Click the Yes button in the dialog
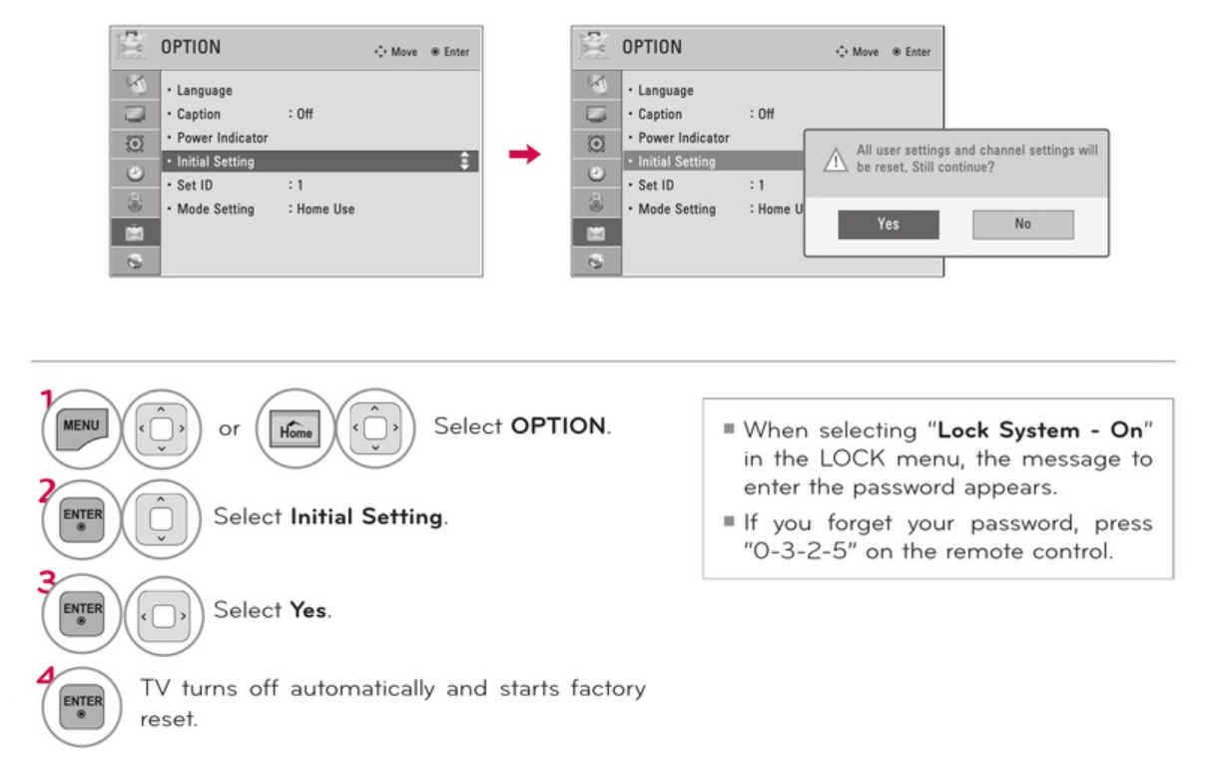889,224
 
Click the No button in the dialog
1023,224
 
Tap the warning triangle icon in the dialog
836,160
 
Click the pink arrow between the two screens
525,154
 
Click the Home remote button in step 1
295,428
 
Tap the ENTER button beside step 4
82,706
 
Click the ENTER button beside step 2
82,519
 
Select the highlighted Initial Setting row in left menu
320,162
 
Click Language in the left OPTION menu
205,90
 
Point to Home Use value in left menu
325,209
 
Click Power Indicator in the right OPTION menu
684,138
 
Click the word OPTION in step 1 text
558,425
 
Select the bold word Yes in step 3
308,610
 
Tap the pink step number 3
47,581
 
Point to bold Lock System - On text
1040,430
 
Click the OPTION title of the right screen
651,47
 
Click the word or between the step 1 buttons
229,428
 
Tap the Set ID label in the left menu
195,186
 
